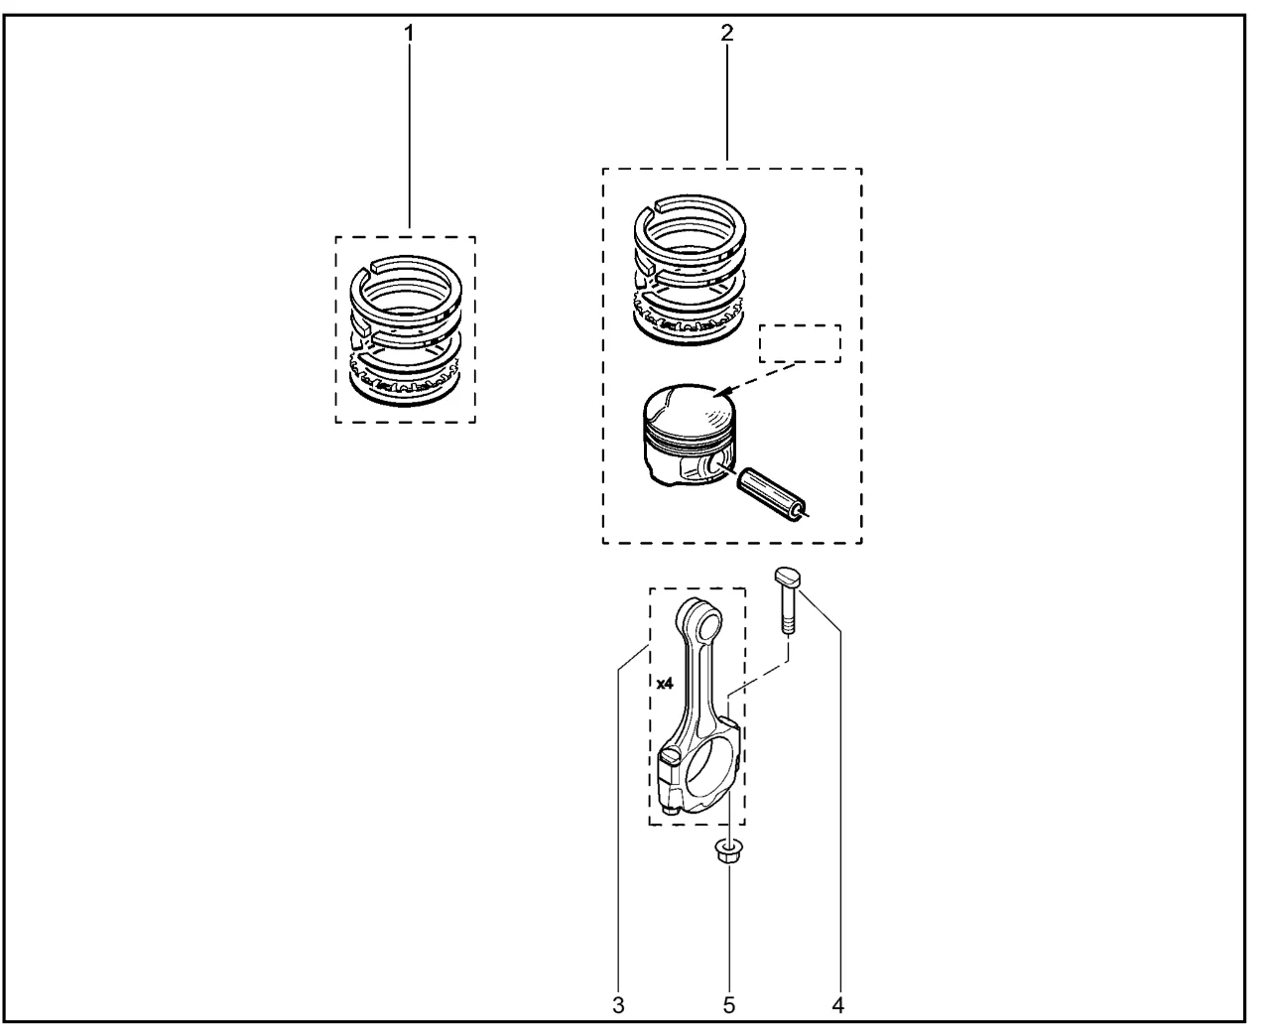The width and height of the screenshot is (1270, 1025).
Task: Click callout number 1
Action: click(409, 34)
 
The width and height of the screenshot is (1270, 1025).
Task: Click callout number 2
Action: click(726, 33)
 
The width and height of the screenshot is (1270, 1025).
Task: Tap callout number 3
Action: click(618, 1005)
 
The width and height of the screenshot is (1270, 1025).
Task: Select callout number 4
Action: click(837, 1005)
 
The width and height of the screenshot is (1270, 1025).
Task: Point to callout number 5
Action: click(728, 1005)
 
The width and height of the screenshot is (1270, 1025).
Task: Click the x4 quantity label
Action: click(665, 684)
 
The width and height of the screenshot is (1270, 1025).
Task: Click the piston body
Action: click(689, 434)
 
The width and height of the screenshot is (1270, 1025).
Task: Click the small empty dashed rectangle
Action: click(800, 343)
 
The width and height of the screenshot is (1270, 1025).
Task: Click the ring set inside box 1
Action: click(406, 331)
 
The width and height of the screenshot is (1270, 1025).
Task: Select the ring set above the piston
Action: click(690, 269)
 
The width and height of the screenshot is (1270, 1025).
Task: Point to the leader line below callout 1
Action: click(409, 136)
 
